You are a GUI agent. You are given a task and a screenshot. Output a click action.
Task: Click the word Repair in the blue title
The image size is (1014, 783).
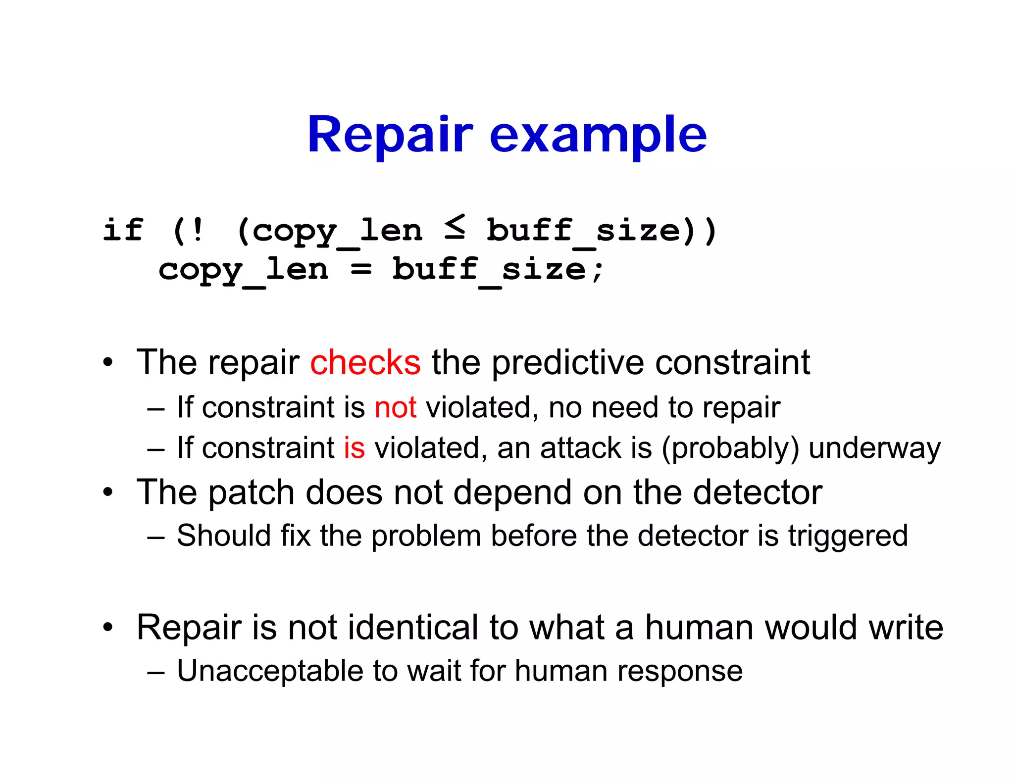click(x=390, y=135)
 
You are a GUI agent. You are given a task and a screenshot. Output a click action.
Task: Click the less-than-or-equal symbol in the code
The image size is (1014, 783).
click(x=455, y=227)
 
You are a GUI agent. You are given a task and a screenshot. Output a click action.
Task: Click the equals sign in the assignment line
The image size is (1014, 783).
click(x=361, y=270)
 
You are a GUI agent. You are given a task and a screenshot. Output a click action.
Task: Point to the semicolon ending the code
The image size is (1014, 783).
click(x=598, y=271)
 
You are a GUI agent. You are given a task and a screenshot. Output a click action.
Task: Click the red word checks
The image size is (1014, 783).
click(x=365, y=363)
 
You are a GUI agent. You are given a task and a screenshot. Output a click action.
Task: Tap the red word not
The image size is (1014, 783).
click(x=395, y=408)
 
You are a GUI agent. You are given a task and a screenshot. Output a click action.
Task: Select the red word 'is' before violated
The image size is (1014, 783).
click(x=355, y=448)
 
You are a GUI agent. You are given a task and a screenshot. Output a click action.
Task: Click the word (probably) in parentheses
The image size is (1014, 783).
click(x=730, y=449)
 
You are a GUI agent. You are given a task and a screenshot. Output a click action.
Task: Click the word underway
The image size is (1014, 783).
click(x=874, y=449)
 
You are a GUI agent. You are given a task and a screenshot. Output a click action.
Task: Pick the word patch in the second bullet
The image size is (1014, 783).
click(x=251, y=492)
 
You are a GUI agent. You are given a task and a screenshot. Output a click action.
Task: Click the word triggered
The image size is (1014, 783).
click(x=848, y=536)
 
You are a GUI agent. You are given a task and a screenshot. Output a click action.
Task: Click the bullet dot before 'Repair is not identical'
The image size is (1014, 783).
click(x=108, y=628)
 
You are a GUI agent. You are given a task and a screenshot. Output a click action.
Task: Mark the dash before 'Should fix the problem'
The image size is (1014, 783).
click(x=155, y=537)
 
